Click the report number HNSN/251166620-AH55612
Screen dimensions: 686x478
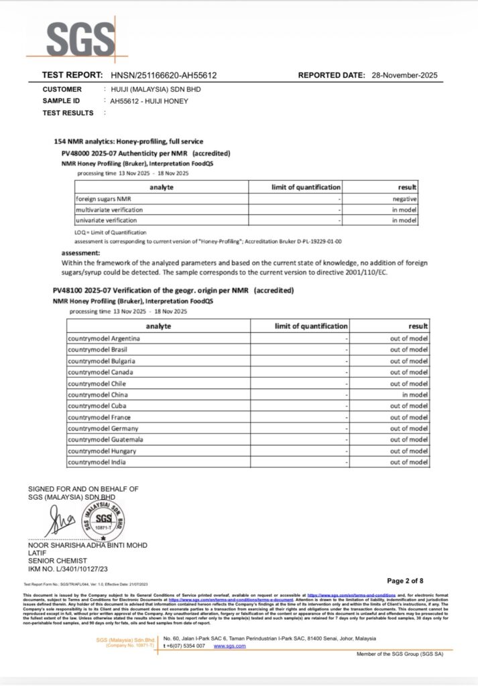click(x=163, y=76)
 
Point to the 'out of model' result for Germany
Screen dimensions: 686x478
click(x=409, y=429)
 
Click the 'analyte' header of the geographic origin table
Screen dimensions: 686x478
click(x=158, y=326)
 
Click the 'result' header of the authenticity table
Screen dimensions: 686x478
click(x=407, y=187)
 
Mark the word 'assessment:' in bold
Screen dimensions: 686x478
click(x=81, y=253)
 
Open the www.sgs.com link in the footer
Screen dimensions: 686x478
click(x=231, y=646)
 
